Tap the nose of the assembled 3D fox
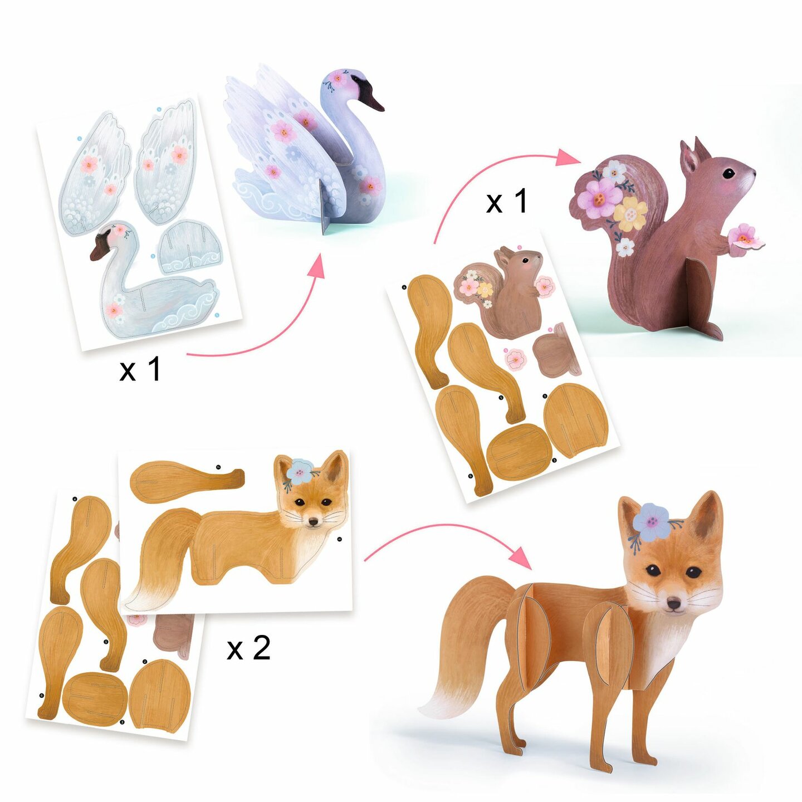coord(674,604)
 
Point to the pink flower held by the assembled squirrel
coord(745,237)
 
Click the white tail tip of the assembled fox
coord(440,705)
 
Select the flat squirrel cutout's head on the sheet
coord(522,261)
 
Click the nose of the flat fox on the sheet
coord(314,522)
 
